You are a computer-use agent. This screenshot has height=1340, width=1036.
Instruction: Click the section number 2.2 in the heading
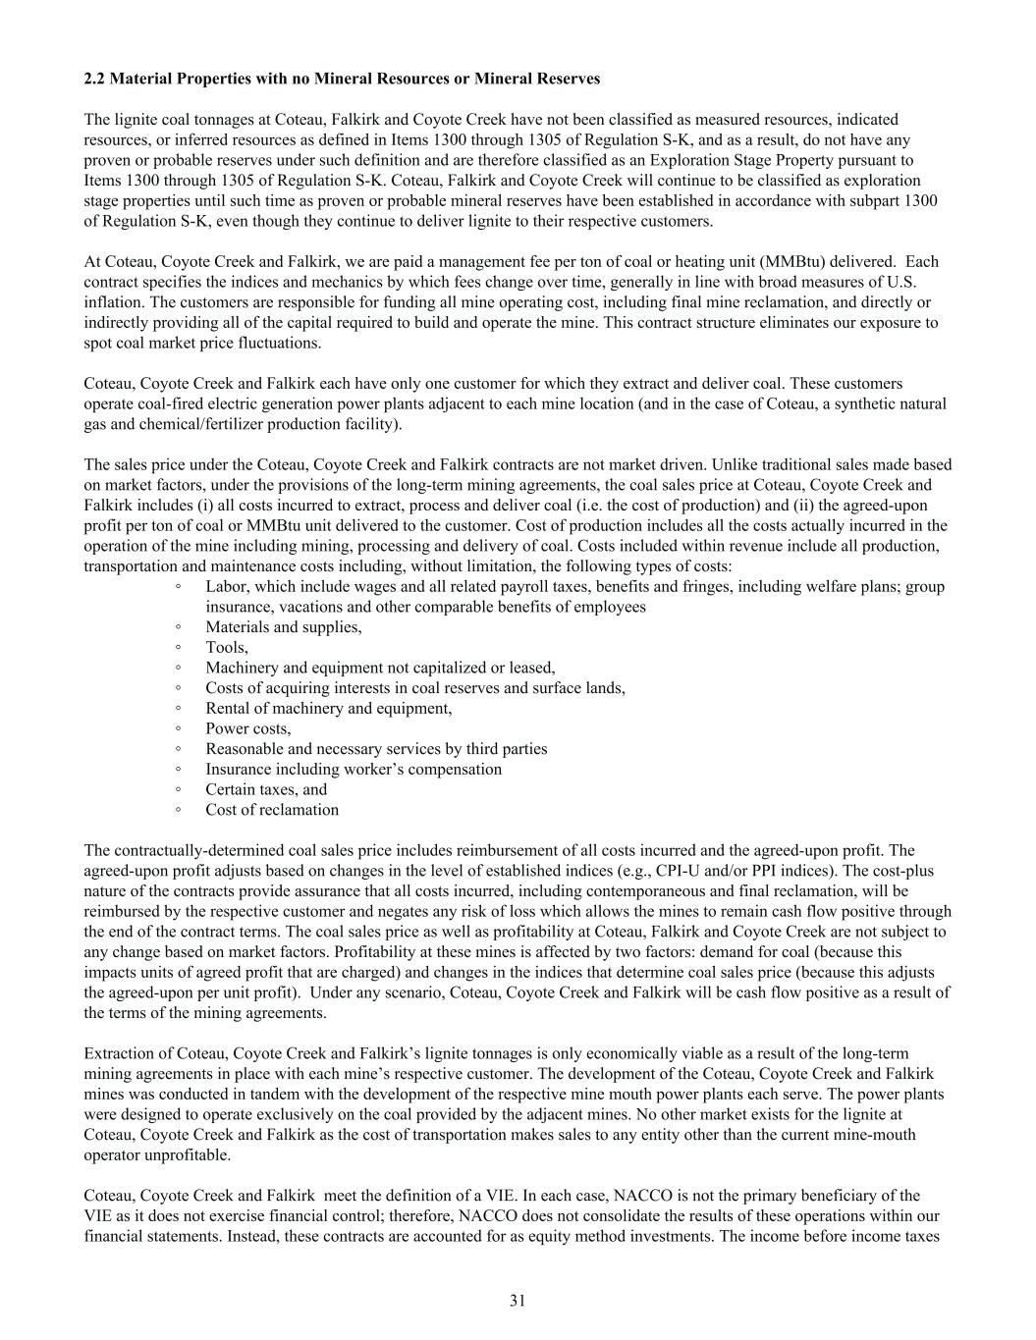(x=94, y=79)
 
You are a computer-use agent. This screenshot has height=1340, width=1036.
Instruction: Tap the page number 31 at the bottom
(x=518, y=1301)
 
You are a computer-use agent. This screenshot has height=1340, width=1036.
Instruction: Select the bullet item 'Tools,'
(x=227, y=647)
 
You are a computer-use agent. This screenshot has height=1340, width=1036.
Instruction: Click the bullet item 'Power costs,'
(x=247, y=728)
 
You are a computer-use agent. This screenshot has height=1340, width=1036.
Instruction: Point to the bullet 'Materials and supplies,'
(x=283, y=627)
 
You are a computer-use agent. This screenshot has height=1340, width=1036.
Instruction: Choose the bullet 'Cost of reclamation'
(x=272, y=810)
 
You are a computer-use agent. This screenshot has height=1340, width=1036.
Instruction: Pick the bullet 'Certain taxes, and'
(x=266, y=789)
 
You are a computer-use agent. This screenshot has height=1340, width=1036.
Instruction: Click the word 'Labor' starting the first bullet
(x=224, y=587)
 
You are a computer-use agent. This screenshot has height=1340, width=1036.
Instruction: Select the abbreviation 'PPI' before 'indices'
(x=765, y=871)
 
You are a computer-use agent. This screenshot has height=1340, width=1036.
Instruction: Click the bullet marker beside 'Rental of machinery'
(x=178, y=708)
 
